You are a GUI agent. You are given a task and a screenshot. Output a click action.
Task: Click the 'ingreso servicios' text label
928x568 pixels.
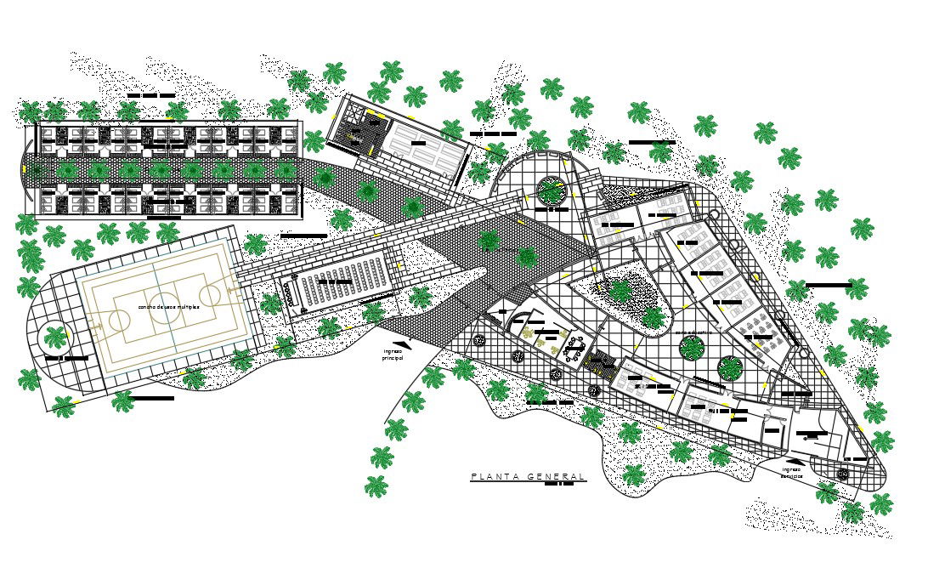click(x=792, y=472)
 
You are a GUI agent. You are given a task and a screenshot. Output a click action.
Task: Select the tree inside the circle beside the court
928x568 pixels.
click(x=57, y=338)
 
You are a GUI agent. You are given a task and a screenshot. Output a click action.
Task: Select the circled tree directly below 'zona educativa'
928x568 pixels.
click(x=693, y=348)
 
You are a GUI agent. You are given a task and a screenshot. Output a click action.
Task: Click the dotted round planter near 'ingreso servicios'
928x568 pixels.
click(x=842, y=473)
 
